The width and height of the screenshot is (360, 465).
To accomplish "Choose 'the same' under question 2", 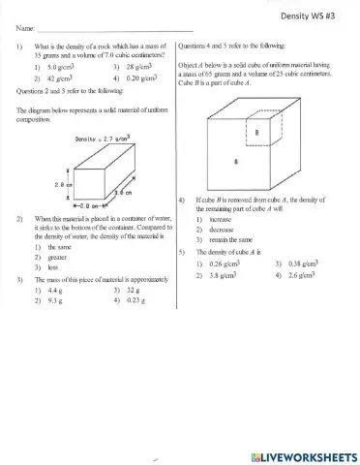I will click(46, 249).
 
